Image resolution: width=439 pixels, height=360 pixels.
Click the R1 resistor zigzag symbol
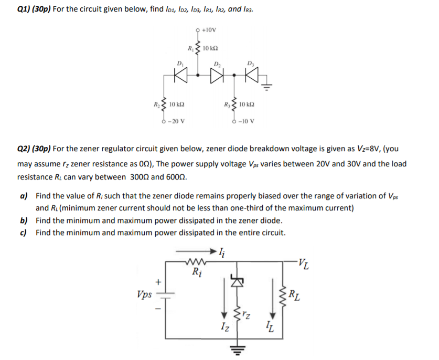coord(198,48)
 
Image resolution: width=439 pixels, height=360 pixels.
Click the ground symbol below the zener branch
coord(236,348)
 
